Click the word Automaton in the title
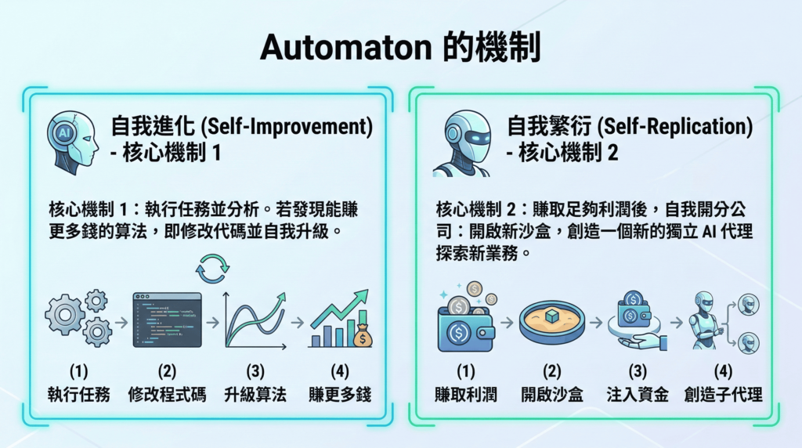(345, 49)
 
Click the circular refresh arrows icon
(211, 268)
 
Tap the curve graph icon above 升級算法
(254, 320)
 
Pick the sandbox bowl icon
(551, 322)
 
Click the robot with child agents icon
(722, 321)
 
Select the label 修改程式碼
(167, 395)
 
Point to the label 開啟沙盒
(551, 395)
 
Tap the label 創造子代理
(722, 395)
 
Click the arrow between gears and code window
(121, 321)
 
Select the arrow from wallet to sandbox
(507, 321)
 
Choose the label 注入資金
(638, 395)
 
